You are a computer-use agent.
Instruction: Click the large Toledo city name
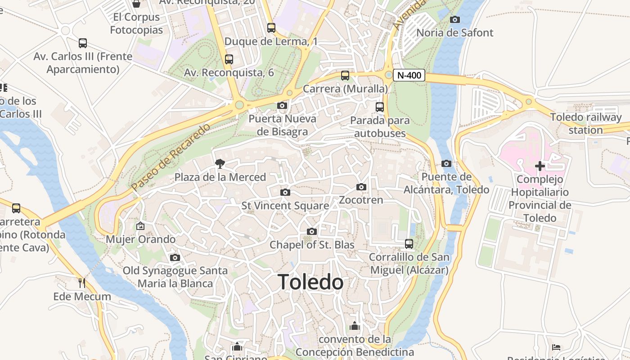click(x=311, y=282)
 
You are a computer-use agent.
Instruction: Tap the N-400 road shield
click(x=409, y=75)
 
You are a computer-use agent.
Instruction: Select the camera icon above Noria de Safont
click(x=455, y=19)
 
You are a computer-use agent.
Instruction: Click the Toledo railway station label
click(x=586, y=124)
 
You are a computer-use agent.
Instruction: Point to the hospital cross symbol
click(x=540, y=166)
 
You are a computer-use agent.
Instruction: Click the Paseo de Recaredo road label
click(x=171, y=157)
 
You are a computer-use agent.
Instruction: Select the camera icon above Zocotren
click(x=361, y=187)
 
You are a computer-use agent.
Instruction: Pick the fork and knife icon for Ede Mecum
click(x=82, y=283)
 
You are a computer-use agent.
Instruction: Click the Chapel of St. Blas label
click(x=312, y=245)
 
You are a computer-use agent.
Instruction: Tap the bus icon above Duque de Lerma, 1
click(x=271, y=28)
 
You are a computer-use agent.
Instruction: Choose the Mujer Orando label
click(x=140, y=239)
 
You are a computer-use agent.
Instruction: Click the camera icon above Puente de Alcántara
click(x=446, y=163)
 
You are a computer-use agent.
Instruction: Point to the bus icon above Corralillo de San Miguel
click(x=409, y=244)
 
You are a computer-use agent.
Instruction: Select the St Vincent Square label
click(x=285, y=206)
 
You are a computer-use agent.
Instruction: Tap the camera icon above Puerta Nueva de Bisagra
click(x=282, y=106)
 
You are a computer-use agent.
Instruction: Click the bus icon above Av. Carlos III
click(x=83, y=43)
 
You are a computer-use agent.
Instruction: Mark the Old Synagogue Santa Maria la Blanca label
click(x=175, y=277)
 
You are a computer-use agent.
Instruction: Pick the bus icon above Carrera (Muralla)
click(x=345, y=76)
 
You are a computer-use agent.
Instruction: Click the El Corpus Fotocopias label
click(x=136, y=23)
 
